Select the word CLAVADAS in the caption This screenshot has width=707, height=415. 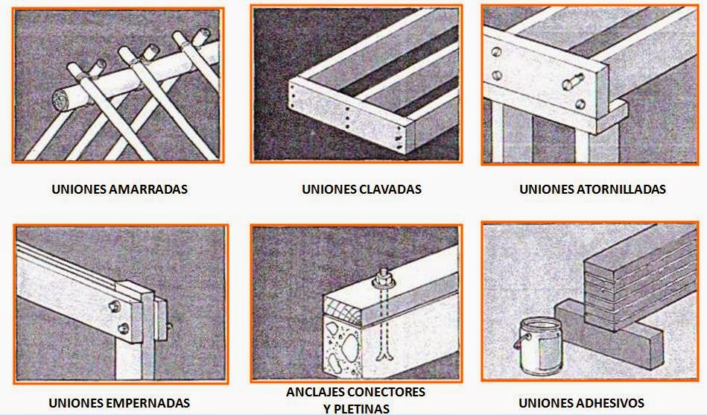tap(392, 189)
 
